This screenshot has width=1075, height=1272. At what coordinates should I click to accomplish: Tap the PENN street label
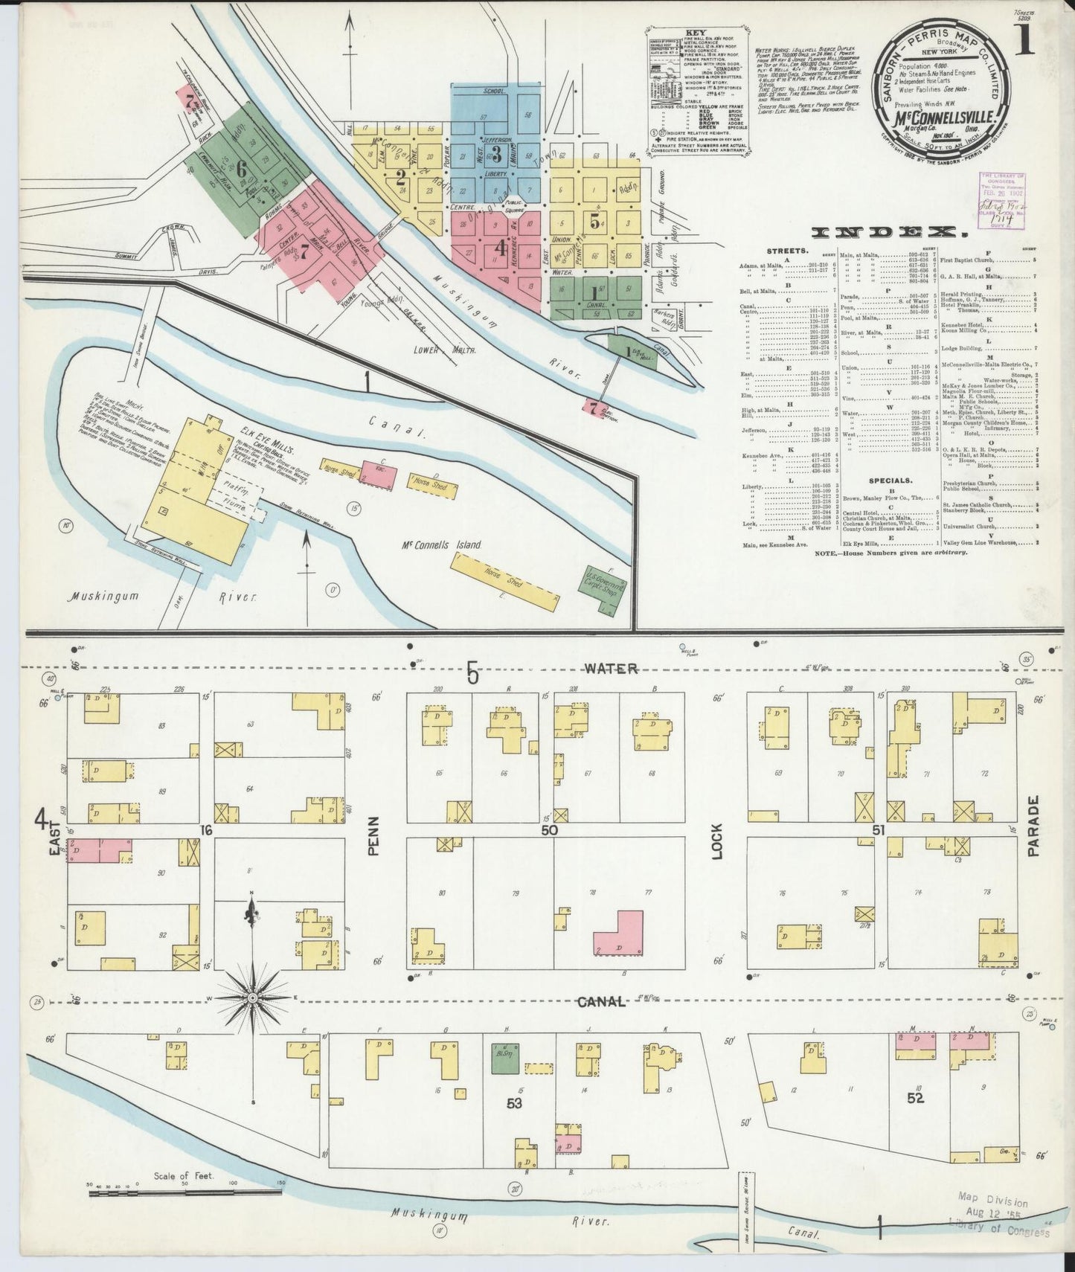(374, 835)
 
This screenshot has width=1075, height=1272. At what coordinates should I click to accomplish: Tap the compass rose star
(252, 996)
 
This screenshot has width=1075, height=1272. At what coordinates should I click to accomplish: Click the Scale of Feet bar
(186, 1192)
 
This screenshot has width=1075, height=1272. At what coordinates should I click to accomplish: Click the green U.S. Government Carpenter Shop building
(603, 590)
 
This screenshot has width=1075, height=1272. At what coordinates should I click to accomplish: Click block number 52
(914, 1096)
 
